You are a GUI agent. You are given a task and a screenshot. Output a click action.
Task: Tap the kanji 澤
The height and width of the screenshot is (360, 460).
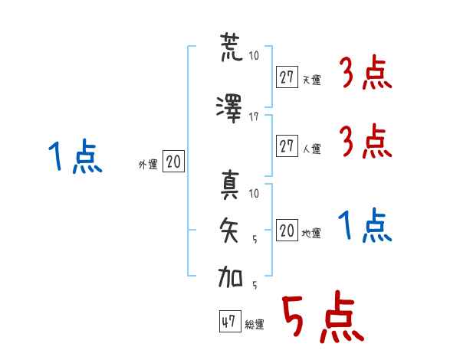231,107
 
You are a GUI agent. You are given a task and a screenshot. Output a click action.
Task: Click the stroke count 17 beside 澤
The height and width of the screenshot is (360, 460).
255,116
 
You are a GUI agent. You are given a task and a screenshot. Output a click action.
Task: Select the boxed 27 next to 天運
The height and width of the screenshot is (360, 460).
287,77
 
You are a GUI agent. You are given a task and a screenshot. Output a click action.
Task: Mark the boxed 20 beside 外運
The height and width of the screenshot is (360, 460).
173,162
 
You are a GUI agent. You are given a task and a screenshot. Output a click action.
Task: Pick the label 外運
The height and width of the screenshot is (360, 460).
147,164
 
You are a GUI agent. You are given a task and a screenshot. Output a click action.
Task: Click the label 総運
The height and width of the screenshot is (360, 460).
255,325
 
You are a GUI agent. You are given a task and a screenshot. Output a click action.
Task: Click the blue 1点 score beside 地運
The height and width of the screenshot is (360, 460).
365,226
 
